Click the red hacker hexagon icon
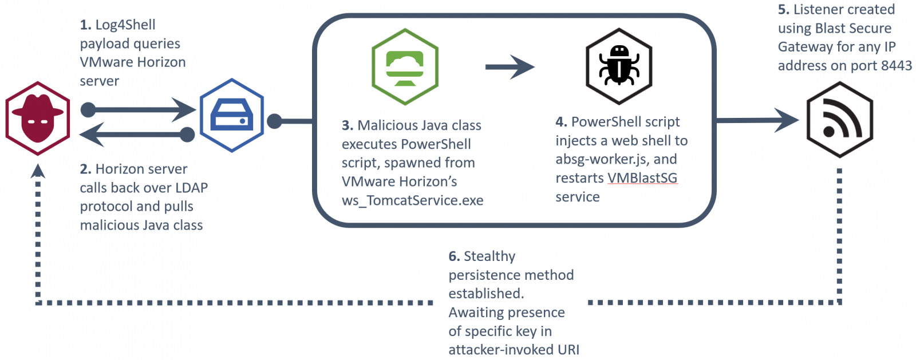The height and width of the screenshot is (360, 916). (38, 118)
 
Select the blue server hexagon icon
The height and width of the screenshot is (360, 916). (231, 115)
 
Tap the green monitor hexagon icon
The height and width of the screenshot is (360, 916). (405, 67)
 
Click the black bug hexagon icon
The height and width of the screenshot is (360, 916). (619, 66)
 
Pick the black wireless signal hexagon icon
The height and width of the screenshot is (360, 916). (839, 120)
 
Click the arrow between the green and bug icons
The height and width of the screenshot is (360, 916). (510, 67)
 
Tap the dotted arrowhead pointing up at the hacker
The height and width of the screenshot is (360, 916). (38, 171)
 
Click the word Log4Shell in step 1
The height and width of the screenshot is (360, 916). (125, 25)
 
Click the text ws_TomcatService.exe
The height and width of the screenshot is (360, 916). (412, 200)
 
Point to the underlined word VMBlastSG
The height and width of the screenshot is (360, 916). (642, 178)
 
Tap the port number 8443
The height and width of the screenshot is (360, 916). (896, 66)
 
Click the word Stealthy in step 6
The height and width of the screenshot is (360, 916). (489, 256)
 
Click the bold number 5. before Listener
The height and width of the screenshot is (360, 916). (783, 10)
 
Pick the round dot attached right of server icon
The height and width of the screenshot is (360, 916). (275, 121)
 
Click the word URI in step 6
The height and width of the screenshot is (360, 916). (568, 350)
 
